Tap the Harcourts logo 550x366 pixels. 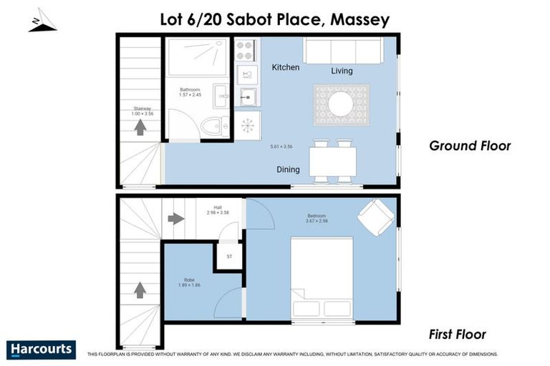(41, 349)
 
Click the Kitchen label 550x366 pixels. (285, 67)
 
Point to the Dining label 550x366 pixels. (288, 169)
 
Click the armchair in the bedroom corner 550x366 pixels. (375, 216)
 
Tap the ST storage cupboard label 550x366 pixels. (229, 256)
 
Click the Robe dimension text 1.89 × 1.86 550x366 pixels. (189, 285)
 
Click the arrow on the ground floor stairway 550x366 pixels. (140, 127)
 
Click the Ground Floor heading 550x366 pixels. (469, 146)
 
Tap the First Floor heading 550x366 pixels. (458, 334)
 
